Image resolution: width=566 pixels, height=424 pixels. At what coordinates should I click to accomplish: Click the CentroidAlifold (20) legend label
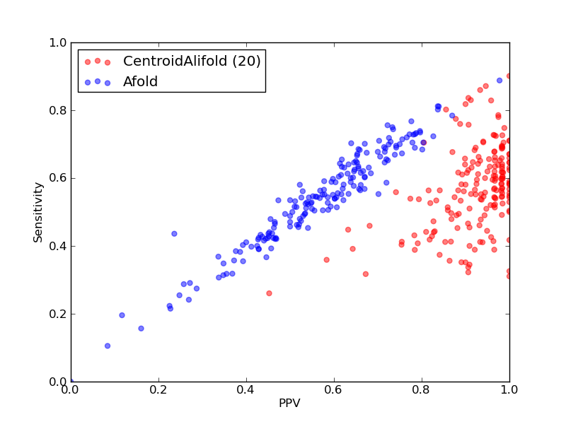coord(192,61)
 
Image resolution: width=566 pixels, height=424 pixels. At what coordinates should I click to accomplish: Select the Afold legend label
coord(140,82)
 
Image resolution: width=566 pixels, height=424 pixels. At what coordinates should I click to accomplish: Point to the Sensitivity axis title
coord(38,213)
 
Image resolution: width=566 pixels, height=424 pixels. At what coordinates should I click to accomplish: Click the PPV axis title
coord(289,403)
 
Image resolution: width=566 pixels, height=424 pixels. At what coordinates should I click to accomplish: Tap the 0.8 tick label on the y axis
coord(58,110)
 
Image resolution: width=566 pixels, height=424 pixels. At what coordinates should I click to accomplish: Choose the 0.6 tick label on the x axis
coord(334,390)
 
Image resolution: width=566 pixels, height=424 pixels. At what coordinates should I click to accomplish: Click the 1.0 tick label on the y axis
coord(58,42)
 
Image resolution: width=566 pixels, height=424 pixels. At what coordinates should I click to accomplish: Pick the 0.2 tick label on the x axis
coord(158,390)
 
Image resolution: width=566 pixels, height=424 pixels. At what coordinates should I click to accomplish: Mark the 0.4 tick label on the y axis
coord(58,246)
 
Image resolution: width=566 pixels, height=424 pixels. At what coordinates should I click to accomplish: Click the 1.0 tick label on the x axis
coord(509,390)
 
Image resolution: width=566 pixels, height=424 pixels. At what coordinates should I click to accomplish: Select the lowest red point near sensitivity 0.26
coord(269,293)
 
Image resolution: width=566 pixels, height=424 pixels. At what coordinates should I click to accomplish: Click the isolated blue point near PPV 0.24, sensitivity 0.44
coord(174,234)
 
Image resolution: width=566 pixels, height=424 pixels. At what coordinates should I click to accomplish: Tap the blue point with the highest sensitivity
coord(499,81)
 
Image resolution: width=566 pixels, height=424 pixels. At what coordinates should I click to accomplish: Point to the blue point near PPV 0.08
coord(108,346)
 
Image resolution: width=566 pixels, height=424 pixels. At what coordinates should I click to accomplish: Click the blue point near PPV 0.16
coord(141,329)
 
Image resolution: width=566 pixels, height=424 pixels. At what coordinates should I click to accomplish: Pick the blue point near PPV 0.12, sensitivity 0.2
coord(122,315)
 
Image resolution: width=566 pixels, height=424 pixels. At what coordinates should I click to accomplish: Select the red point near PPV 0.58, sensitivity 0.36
coord(327,260)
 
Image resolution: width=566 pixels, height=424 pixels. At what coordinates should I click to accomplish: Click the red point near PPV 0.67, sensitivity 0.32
coord(366,274)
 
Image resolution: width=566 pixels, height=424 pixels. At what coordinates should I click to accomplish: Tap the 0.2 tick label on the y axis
coord(58,314)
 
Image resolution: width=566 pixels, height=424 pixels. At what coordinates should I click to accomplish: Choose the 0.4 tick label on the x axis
coord(246,390)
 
